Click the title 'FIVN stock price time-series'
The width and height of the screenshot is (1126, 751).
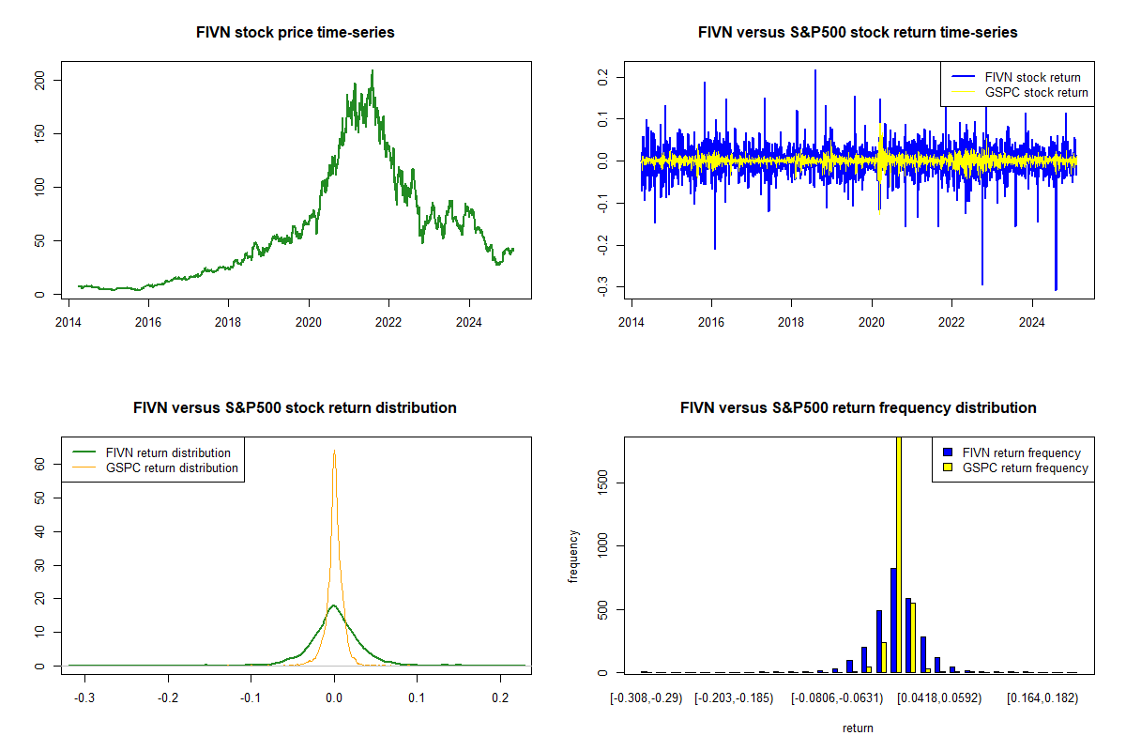pyautogui.click(x=296, y=33)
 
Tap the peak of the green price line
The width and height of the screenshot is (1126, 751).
pyautogui.click(x=373, y=70)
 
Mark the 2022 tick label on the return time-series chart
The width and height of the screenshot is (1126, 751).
pyautogui.click(x=952, y=319)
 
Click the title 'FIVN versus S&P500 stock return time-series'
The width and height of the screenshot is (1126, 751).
pyautogui.click(x=859, y=33)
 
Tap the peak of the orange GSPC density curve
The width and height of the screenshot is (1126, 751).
pyautogui.click(x=334, y=451)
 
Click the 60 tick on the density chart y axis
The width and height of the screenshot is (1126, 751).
pyautogui.click(x=40, y=464)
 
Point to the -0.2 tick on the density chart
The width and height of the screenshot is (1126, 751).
pyautogui.click(x=168, y=697)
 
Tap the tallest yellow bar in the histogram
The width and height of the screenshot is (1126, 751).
pyautogui.click(x=899, y=554)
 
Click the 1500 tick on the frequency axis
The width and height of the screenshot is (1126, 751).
pyautogui.click(x=601, y=483)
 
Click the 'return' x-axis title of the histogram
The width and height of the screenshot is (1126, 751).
pyautogui.click(x=858, y=728)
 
